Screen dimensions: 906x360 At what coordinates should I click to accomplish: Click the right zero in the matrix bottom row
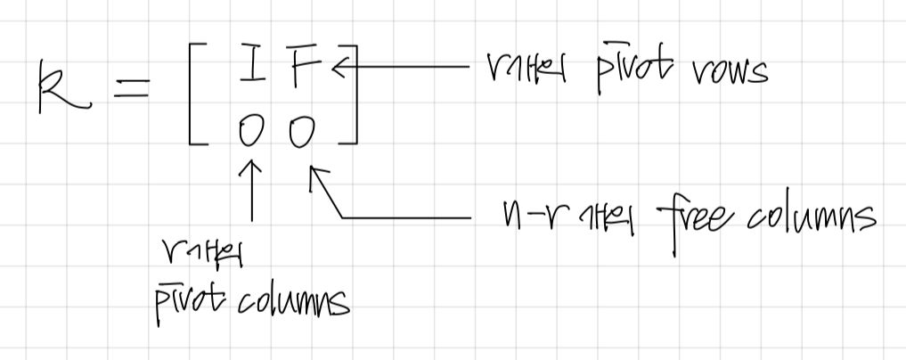(x=303, y=132)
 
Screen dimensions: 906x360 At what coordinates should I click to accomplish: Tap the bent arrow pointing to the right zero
(x=374, y=214)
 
